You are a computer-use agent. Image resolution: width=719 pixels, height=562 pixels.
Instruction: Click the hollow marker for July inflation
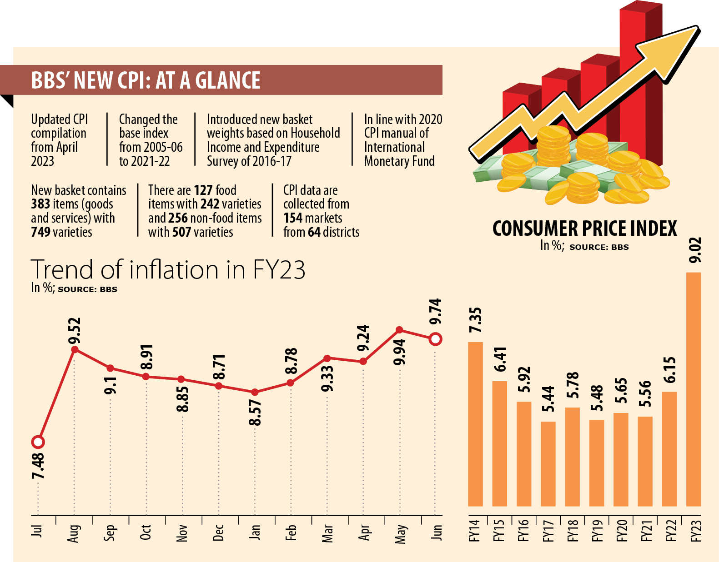38,442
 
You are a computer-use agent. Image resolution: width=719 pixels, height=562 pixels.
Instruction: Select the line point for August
75,349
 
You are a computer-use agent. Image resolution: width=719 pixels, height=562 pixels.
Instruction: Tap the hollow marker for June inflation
435,339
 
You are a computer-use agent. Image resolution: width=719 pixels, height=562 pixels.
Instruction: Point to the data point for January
255,392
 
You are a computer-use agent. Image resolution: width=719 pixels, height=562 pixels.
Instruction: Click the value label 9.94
400,352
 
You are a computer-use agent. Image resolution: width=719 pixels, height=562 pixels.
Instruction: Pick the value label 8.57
255,413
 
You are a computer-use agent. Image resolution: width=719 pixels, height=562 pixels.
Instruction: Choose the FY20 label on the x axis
621,531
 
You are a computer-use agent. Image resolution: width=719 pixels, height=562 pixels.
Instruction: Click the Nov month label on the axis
182,533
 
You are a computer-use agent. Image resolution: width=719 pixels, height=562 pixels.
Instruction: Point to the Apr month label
363,533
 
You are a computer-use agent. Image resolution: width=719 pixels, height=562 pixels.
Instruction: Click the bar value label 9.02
695,250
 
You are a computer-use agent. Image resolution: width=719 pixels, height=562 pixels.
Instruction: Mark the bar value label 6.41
500,359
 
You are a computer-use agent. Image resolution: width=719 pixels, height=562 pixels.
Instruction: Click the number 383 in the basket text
40,204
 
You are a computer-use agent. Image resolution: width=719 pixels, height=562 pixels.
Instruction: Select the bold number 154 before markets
293,218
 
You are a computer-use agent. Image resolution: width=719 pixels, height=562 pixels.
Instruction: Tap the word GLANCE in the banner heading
227,80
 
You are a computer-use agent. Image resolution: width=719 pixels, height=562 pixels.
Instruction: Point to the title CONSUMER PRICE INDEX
584,229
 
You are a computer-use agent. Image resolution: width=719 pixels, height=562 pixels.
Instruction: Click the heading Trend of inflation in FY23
168,269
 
